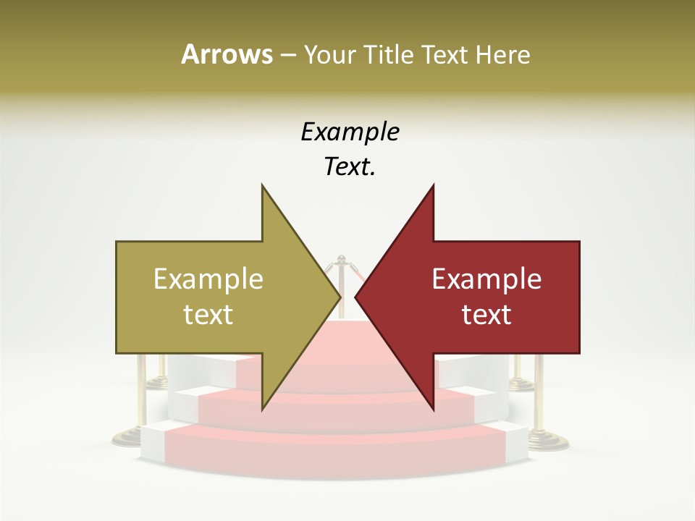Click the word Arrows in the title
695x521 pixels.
click(226, 54)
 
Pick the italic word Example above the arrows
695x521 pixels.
click(350, 132)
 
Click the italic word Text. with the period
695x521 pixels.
click(350, 167)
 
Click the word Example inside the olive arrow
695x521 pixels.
click(208, 279)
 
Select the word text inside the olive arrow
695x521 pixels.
click(208, 315)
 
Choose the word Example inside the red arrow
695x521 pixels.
click(486, 279)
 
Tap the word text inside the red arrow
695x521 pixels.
click(486, 315)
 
